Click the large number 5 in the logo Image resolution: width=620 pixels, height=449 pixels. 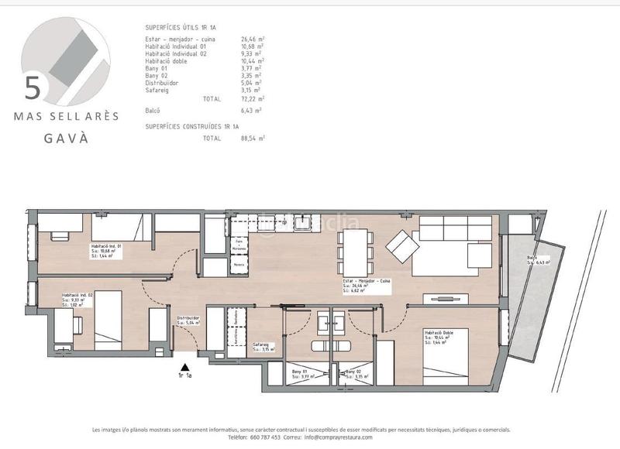(33, 87)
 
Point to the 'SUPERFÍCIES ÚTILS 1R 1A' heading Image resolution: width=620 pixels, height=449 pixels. (191, 28)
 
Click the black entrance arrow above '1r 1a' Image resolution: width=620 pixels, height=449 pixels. (184, 368)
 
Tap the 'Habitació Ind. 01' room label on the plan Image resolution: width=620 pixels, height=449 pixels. (106, 245)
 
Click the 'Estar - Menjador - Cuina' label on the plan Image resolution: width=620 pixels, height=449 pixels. (368, 284)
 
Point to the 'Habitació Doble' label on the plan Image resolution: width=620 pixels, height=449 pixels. (439, 333)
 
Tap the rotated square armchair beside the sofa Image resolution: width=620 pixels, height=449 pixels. (402, 245)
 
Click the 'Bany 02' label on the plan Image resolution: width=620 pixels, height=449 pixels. (354, 374)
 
